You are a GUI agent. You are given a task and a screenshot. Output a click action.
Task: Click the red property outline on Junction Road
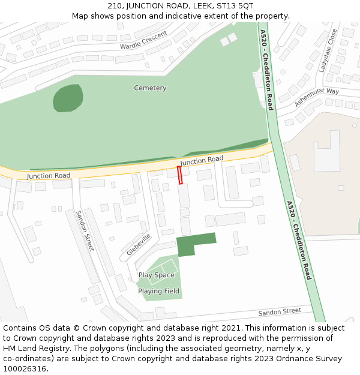coord(179,175)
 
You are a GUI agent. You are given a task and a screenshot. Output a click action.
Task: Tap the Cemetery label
coord(150,88)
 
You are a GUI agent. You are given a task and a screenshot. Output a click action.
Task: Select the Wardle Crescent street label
coord(143,41)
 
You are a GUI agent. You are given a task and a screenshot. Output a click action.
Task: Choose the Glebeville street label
coord(139,245)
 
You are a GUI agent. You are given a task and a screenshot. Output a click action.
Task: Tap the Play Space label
coord(156,275)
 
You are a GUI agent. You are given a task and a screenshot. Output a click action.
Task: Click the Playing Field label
coord(158,292)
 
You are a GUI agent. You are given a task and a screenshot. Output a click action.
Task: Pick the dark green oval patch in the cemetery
coord(68,98)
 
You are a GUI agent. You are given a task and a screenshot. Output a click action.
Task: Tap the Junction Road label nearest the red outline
coord(202,160)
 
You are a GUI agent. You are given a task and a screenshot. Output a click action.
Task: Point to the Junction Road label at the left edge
coord(48,176)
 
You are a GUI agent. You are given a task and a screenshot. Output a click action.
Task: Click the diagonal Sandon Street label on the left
coord(85,230)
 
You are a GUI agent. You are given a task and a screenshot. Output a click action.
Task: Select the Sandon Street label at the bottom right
coord(280,312)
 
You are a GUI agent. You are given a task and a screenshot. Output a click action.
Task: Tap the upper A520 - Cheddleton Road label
coord(267,70)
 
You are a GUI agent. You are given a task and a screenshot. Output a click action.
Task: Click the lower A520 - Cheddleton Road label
coord(299,240)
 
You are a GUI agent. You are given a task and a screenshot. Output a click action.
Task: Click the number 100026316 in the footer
coord(25,368)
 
